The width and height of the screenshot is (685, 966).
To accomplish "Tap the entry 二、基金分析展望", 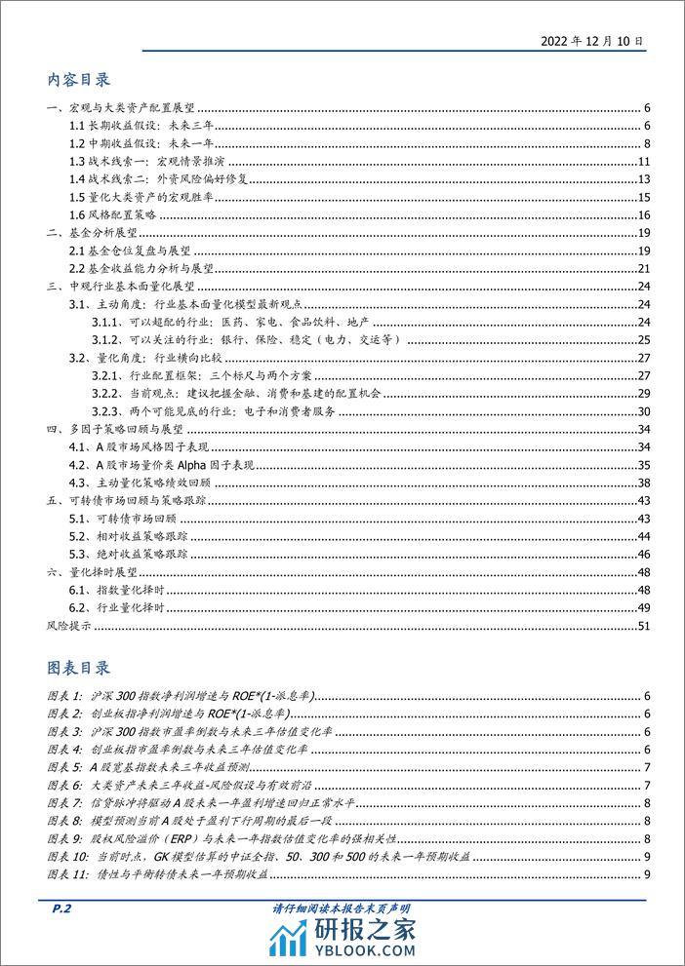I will [x=93, y=235].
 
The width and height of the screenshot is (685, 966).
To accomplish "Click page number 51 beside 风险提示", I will [x=643, y=625].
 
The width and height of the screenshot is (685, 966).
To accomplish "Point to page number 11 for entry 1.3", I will [x=643, y=161].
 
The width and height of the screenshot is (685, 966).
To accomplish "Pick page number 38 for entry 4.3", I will [x=643, y=483].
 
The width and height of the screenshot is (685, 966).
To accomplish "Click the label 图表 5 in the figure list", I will [x=63, y=768].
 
